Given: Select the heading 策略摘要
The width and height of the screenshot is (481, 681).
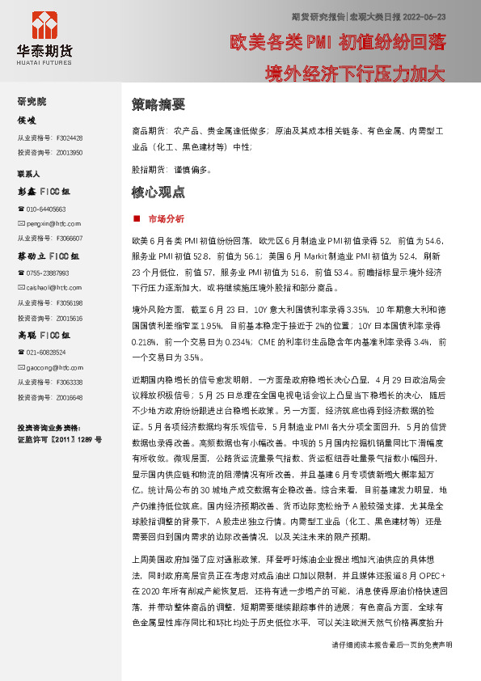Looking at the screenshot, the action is (x=158, y=104).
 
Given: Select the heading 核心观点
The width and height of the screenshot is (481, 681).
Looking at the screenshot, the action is (x=158, y=192).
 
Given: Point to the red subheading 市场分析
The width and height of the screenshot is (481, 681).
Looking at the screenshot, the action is (x=166, y=219).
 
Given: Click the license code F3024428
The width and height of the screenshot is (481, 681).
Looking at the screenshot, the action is (x=70, y=138).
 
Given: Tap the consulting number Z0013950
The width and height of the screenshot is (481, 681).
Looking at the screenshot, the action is (x=70, y=153).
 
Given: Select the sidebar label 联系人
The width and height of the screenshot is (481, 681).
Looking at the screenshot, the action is (x=29, y=174).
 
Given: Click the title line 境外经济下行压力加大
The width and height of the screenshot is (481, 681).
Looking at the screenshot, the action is (x=356, y=74).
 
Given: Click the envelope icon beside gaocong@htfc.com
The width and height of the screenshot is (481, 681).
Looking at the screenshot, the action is (x=21, y=367).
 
